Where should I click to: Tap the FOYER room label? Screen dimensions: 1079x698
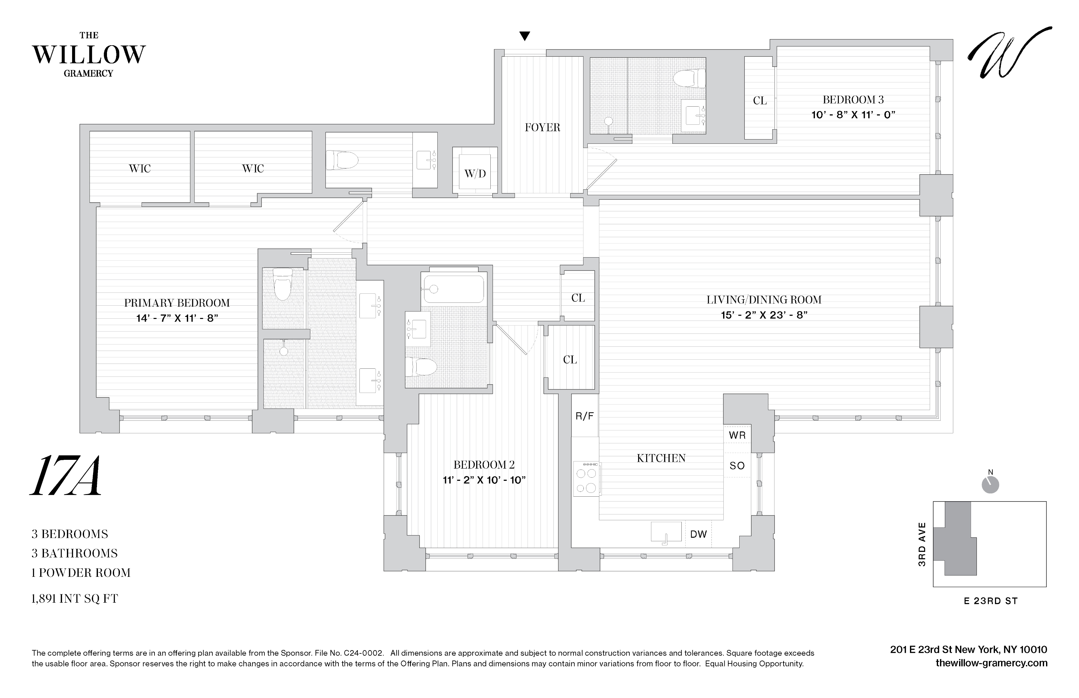point(542,127)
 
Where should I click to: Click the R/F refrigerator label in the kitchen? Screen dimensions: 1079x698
point(584,416)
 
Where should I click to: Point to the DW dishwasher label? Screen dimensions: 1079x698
point(698,534)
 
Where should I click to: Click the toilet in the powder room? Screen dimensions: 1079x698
point(342,160)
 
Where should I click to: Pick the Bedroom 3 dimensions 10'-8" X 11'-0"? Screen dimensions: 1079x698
point(853,115)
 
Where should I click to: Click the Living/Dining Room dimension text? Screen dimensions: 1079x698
point(764,315)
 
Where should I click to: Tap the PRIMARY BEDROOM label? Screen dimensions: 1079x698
point(177,303)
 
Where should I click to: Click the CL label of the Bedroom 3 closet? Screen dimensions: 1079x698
point(760,100)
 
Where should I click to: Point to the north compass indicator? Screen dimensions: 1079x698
point(990,484)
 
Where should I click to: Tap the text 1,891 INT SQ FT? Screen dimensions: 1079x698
point(75,599)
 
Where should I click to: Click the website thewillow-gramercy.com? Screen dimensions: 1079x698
point(991,663)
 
